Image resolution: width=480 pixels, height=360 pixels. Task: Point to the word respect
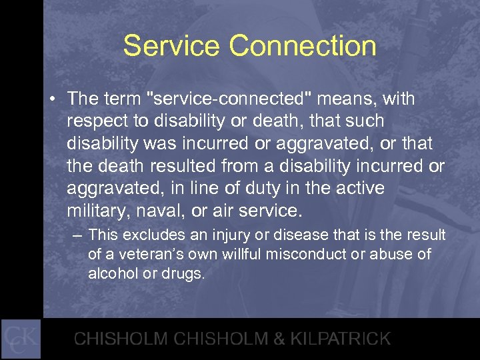tap(97, 122)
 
